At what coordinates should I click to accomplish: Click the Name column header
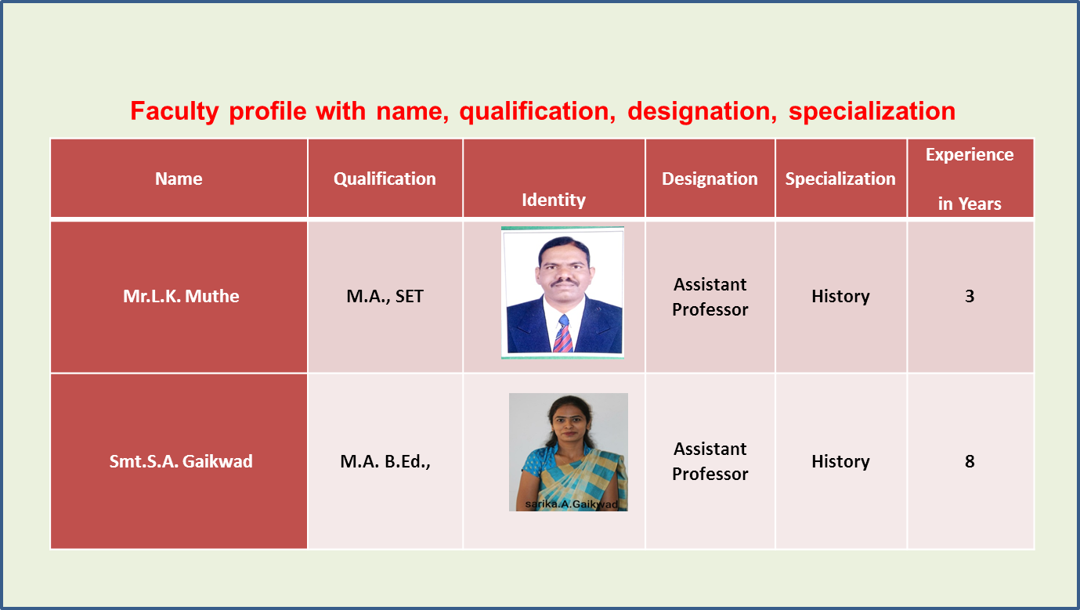pos(179,179)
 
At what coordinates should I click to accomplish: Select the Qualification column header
pos(385,179)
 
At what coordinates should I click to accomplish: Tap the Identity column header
pos(554,200)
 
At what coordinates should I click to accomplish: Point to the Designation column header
pos(710,179)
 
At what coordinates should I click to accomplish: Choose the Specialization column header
pos(840,179)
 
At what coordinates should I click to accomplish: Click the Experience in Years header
pos(970,179)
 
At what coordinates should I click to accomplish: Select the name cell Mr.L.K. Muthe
pos(181,296)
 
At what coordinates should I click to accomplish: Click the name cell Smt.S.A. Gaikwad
pos(181,461)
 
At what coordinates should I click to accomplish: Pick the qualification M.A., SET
pos(385,296)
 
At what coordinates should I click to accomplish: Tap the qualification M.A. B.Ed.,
pos(385,461)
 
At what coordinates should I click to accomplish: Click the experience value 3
pos(970,296)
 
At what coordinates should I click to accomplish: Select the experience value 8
pos(970,461)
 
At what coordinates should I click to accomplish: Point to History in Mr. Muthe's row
pos(840,296)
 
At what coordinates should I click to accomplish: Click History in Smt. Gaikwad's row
pos(840,461)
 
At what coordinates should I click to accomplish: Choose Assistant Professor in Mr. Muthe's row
pos(710,297)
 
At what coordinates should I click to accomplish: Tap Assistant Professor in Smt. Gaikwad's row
pos(710,461)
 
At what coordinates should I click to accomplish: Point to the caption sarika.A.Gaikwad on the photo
pos(572,504)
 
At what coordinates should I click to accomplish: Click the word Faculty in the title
pos(175,111)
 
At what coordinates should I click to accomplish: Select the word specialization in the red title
pos(872,111)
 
